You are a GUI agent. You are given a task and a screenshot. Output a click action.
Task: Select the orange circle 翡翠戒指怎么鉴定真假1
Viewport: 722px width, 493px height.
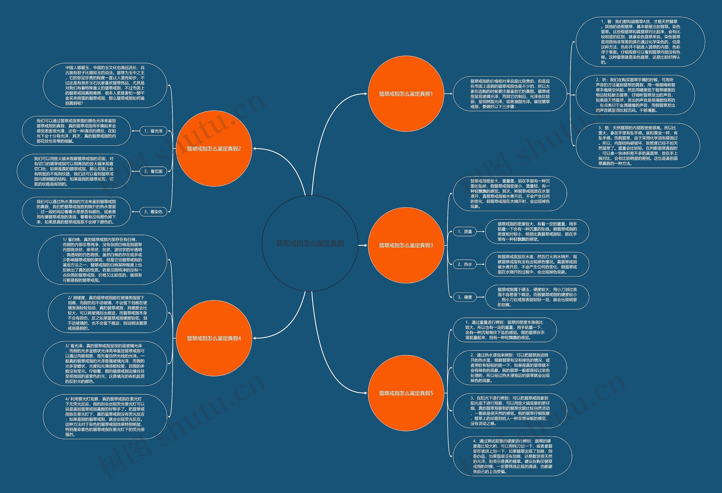coord(406,94)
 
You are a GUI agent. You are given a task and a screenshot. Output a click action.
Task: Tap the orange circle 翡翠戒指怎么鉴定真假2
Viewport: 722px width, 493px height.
coord(214,149)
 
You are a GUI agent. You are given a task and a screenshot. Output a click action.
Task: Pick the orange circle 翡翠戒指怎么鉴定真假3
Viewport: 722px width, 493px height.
coord(406,245)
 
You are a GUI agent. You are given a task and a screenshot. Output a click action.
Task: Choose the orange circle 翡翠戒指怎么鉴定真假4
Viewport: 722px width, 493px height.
coord(214,338)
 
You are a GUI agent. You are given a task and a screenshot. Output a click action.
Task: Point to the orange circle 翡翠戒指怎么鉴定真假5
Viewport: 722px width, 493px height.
coord(406,393)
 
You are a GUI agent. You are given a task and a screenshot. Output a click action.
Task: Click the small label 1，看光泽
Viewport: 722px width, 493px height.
coord(153,131)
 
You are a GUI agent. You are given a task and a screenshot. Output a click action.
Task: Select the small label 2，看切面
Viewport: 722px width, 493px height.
coord(153,171)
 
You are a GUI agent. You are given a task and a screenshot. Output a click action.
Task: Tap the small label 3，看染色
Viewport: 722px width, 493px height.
coord(153,212)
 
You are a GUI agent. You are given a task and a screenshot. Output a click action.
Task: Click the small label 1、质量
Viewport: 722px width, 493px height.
coord(465,232)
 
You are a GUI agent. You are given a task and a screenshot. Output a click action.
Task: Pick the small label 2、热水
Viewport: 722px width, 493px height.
coord(465,264)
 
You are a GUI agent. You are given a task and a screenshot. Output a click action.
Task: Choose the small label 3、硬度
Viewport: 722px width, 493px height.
coord(465,297)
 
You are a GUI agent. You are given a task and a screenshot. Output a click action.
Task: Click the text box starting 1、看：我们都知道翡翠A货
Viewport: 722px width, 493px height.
coord(640,42)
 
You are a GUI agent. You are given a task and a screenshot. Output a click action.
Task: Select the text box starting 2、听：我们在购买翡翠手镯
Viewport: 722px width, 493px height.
coord(635,95)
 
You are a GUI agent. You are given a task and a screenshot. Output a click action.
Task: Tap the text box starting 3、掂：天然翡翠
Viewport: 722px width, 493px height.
coord(637,146)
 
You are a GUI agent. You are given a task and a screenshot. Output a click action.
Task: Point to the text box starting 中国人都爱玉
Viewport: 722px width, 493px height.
coord(105,85)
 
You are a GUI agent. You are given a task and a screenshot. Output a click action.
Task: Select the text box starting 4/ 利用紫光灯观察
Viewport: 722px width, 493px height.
coord(105,417)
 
